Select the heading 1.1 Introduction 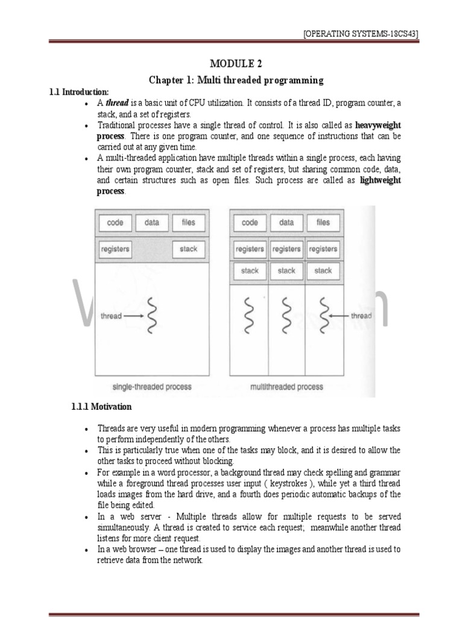[79, 92]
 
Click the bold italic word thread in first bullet [118, 103]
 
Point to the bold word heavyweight [378, 125]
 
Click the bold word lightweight [380, 180]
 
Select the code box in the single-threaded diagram [115, 223]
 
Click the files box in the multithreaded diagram [323, 223]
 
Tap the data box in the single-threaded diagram [152, 223]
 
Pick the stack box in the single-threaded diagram [188, 249]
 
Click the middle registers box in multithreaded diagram [286, 249]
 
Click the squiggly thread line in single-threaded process [153, 316]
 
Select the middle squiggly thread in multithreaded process [286, 316]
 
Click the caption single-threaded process [151, 386]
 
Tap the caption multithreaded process [286, 386]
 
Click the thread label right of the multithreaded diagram [361, 316]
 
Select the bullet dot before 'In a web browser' [88, 550]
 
